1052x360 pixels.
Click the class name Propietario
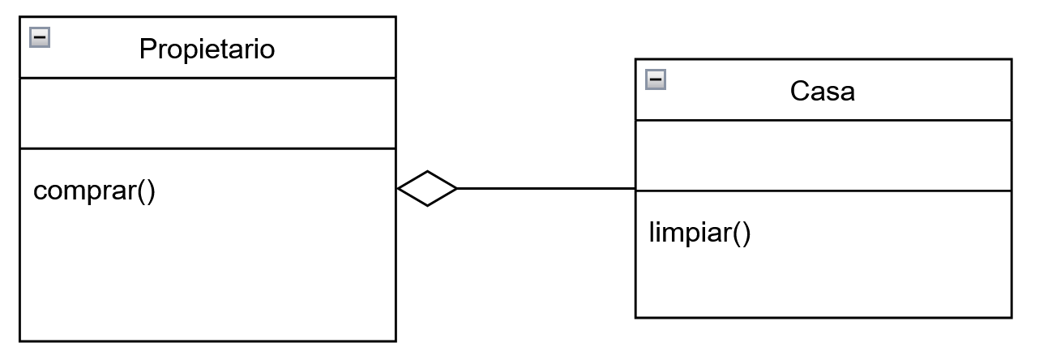pos(207,49)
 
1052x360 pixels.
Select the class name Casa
pos(823,91)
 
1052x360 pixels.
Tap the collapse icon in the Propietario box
pos(40,37)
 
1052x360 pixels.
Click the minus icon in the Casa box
pos(656,79)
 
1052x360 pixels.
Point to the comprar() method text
pos(94,191)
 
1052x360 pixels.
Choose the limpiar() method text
pos(699,233)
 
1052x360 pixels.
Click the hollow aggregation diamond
pos(427,188)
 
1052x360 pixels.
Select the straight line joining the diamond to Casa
pos(546,188)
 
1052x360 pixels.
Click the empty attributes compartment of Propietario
pos(208,114)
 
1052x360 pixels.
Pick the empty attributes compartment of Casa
pos(823,156)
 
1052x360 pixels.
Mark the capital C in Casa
pos(800,91)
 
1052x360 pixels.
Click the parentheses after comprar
pos(147,191)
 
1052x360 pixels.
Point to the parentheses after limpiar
pos(742,233)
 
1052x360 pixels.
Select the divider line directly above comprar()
pos(208,148)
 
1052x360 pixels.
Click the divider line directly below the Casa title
pos(823,120)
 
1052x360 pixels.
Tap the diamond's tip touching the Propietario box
pos(398,188)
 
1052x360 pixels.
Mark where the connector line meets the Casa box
pos(635,188)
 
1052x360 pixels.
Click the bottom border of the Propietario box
pos(208,341)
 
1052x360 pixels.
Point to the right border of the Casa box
pos(1011,188)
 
